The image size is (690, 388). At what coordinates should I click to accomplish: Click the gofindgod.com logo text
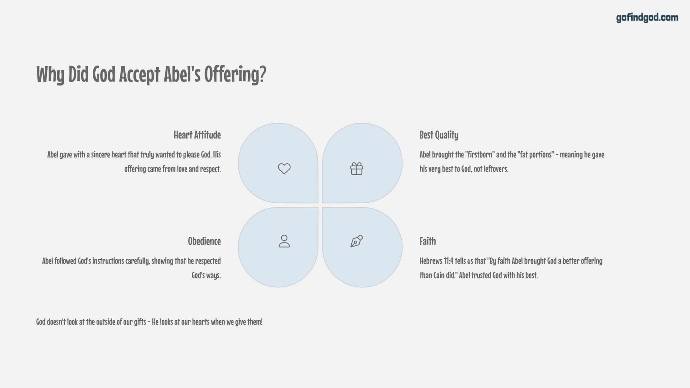[647, 18]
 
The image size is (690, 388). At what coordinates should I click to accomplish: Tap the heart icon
[284, 168]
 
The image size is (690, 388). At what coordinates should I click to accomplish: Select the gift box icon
[356, 168]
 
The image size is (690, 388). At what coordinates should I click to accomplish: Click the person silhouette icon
[284, 241]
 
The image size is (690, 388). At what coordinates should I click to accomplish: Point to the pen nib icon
[356, 241]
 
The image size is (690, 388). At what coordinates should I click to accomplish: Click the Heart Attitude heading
[197, 135]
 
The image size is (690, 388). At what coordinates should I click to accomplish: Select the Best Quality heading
[439, 135]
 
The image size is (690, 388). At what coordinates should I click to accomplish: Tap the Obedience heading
[204, 241]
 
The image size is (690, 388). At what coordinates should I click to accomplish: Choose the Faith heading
[428, 241]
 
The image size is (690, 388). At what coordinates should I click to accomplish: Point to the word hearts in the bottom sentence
[200, 322]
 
